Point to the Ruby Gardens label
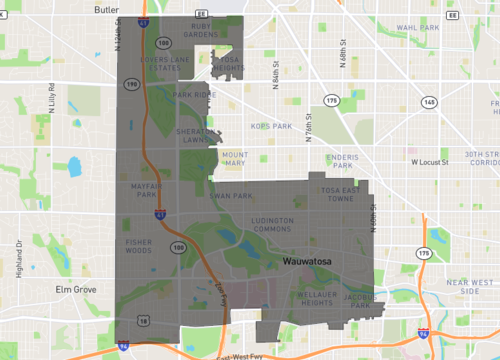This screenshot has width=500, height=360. pyautogui.click(x=200, y=31)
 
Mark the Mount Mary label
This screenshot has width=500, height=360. pyautogui.click(x=234, y=158)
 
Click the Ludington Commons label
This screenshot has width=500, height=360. pyautogui.click(x=272, y=224)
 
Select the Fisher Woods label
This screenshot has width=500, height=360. pyautogui.click(x=138, y=247)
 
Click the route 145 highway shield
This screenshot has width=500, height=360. pyautogui.click(x=429, y=102)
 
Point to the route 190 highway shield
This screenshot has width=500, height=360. pyautogui.click(x=131, y=85)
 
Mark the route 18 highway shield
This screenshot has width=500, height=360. pyautogui.click(x=143, y=322)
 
